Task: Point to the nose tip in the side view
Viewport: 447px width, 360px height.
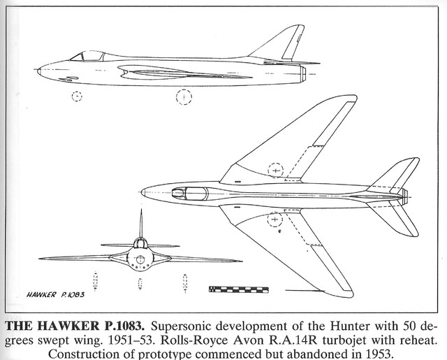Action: [39, 69]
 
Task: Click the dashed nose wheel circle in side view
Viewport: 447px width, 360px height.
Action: [76, 96]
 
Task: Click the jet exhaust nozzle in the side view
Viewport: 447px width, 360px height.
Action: [305, 71]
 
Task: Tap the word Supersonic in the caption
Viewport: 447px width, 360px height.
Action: [183, 324]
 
